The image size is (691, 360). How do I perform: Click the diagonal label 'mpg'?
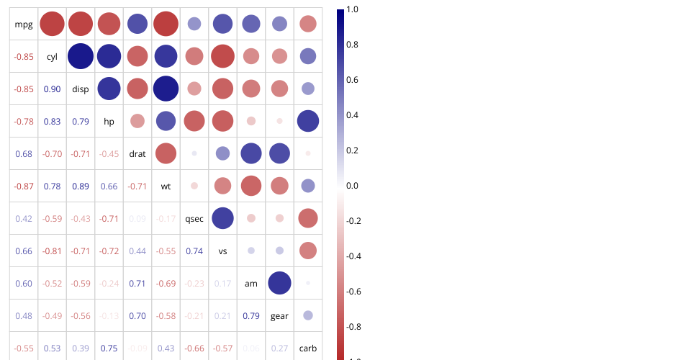24,24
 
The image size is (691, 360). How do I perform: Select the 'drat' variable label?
137,154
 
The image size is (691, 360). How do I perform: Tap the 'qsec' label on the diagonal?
194,219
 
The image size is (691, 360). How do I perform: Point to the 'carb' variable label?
307,348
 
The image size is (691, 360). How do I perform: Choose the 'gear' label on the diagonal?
279,316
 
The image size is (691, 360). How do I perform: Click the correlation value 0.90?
52,89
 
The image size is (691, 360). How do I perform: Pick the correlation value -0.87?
24,186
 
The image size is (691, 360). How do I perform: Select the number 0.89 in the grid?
81,186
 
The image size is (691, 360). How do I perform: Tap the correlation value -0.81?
52,251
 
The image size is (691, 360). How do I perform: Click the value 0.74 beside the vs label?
194,251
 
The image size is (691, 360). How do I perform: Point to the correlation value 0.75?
109,348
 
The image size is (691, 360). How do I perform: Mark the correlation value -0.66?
194,348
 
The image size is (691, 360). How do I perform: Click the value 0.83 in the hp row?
52,122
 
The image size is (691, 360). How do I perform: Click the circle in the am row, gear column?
279,283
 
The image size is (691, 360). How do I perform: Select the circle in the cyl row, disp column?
81,57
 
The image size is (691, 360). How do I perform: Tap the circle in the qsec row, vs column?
222,218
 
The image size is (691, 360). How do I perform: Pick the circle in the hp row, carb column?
307,121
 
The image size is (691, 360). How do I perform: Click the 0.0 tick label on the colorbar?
353,186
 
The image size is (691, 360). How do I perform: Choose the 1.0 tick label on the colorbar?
353,9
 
